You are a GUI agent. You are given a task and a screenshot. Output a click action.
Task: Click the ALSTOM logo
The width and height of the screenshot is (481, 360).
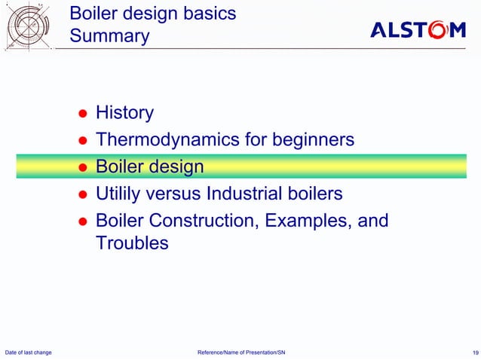click(418, 29)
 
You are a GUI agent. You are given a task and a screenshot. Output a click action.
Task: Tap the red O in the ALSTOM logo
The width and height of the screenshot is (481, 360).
click(440, 29)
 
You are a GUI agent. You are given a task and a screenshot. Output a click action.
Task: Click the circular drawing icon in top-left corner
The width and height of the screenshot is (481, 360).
click(29, 26)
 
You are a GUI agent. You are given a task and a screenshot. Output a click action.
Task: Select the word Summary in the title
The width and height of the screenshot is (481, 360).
click(109, 36)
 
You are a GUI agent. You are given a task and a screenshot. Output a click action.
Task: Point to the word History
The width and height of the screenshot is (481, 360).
click(124, 113)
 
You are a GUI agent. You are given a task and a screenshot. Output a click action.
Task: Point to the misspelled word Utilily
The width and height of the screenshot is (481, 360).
click(121, 194)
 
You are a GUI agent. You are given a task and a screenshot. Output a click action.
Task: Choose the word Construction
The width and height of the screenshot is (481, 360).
click(202, 221)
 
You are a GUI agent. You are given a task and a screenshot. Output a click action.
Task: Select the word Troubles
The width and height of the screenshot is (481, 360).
click(132, 243)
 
